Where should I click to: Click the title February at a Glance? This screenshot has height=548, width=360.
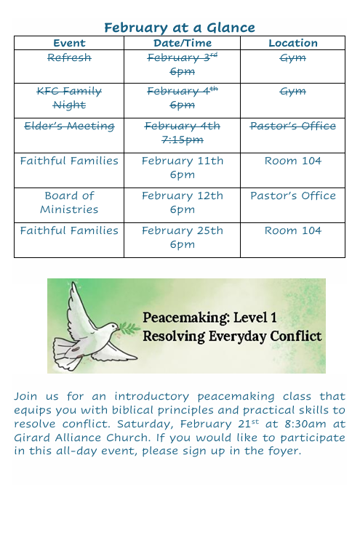(x=179, y=28)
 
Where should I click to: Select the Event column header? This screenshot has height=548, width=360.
(x=69, y=43)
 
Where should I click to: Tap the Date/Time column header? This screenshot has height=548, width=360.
(x=182, y=43)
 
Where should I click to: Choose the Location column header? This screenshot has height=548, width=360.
(x=292, y=43)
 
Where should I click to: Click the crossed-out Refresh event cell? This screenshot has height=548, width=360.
(x=69, y=57)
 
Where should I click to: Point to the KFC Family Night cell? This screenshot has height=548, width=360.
(x=69, y=98)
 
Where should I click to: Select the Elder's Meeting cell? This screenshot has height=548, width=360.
(x=69, y=126)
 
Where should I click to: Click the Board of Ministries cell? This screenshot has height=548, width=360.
(x=69, y=202)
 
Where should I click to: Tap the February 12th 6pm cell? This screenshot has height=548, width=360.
(x=182, y=202)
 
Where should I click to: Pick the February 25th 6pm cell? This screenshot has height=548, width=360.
(x=182, y=237)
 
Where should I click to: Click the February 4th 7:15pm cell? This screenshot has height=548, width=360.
(x=182, y=133)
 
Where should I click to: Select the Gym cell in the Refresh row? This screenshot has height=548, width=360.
(x=292, y=57)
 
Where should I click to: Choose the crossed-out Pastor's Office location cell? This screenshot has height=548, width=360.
(x=292, y=126)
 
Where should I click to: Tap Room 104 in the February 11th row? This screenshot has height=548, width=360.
(x=292, y=161)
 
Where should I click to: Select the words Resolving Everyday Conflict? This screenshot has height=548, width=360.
(x=231, y=337)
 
